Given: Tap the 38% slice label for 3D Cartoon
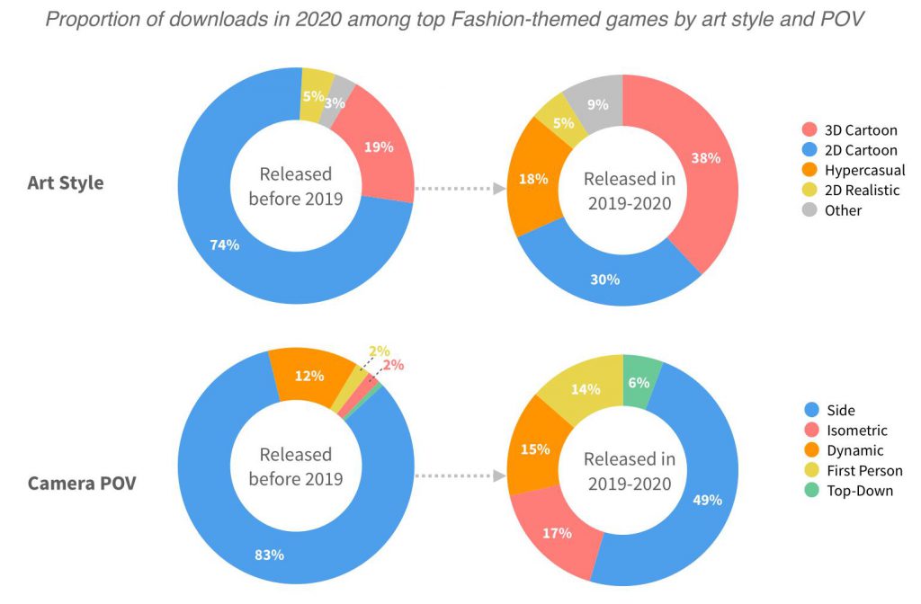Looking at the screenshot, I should pyautogui.click(x=706, y=158).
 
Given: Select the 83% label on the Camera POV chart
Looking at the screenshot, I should pyautogui.click(x=270, y=555).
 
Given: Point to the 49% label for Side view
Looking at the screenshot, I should pyautogui.click(x=707, y=500).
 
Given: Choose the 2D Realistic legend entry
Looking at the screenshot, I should pyautogui.click(x=862, y=190).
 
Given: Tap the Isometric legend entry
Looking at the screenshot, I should pyautogui.click(x=855, y=431).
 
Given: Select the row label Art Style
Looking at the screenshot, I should pyautogui.click(x=66, y=183).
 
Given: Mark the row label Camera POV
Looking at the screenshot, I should pyautogui.click(x=82, y=484).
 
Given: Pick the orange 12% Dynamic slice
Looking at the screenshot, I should pyautogui.click(x=308, y=374).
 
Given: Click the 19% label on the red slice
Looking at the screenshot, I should pyautogui.click(x=380, y=147).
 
